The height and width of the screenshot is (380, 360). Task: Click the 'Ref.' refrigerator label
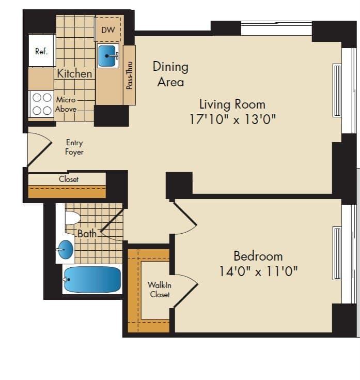(x=41, y=51)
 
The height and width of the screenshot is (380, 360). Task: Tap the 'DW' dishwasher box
(x=108, y=30)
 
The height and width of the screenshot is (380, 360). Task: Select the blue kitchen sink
(x=108, y=55)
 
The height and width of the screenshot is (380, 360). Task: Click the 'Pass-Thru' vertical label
(x=129, y=75)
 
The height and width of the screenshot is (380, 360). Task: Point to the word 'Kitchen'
(x=74, y=73)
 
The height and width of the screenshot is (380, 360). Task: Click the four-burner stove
(x=41, y=103)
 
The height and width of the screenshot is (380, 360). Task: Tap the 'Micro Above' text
(x=66, y=104)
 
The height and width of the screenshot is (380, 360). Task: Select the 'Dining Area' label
(x=170, y=74)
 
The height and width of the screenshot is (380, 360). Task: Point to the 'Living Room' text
(x=232, y=104)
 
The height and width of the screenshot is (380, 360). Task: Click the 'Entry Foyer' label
(x=74, y=147)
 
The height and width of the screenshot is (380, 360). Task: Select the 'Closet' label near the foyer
(x=69, y=179)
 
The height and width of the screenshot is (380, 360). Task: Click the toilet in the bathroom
(x=72, y=218)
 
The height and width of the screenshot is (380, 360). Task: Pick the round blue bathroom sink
(x=66, y=249)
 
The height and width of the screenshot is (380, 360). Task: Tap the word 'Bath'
(x=87, y=234)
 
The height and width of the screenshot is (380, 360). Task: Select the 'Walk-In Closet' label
(x=160, y=290)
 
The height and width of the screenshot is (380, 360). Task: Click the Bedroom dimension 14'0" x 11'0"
(x=258, y=271)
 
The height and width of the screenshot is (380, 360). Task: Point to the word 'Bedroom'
(x=258, y=256)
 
